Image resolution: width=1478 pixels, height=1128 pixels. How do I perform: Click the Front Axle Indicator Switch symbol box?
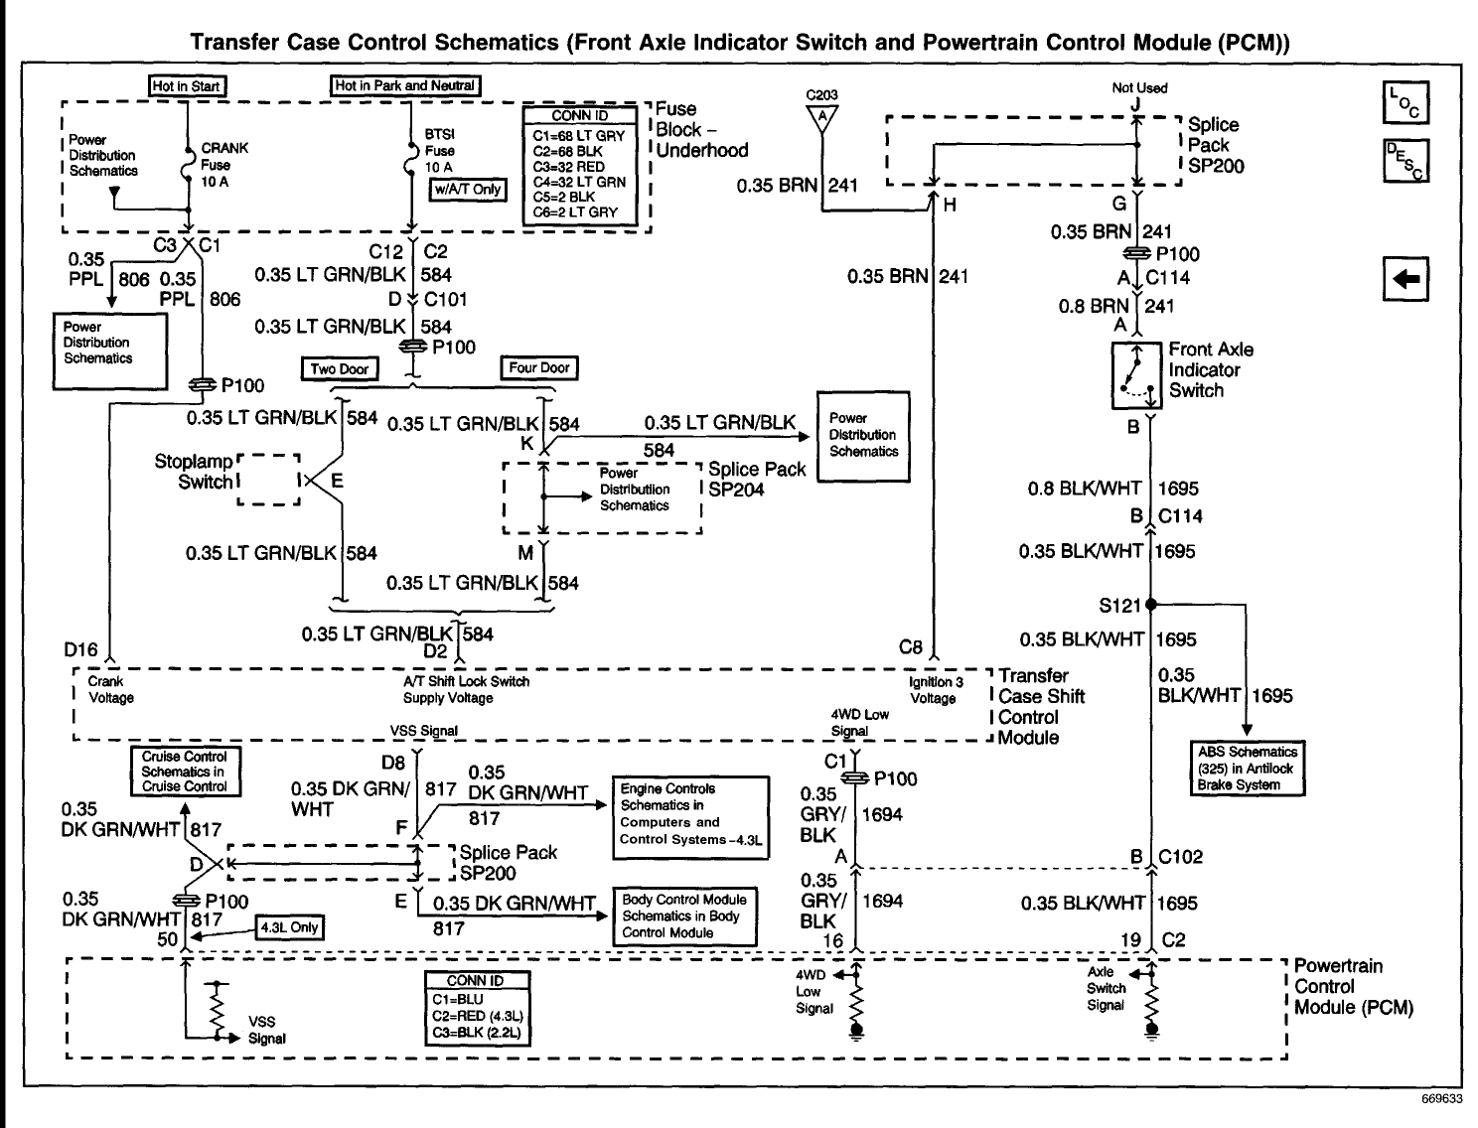(x=1136, y=376)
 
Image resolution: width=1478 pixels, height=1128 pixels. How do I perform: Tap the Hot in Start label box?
(x=186, y=86)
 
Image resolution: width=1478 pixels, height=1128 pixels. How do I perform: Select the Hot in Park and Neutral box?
(x=405, y=86)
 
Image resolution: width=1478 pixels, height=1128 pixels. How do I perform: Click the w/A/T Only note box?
(x=467, y=190)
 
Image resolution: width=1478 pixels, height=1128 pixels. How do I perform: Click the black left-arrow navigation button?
(x=1406, y=280)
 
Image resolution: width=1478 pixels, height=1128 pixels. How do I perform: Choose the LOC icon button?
(x=1406, y=102)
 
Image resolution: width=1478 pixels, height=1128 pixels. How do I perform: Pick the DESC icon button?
(x=1406, y=161)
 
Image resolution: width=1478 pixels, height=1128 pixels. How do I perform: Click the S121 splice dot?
(x=1151, y=604)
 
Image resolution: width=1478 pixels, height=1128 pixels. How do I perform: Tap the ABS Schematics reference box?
(x=1248, y=769)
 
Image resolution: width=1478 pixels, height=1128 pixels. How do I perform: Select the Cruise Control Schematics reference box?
(x=184, y=772)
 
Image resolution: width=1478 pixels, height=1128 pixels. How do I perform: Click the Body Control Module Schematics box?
(x=684, y=916)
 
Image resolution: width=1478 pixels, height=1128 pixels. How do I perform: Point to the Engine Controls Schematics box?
(x=691, y=817)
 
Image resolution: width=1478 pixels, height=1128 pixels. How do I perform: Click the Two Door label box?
(x=340, y=369)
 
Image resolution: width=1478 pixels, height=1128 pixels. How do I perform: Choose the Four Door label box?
(x=539, y=368)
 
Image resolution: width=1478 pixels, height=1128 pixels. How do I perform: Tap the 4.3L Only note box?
(x=289, y=927)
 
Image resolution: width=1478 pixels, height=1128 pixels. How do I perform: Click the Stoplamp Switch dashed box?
(x=269, y=481)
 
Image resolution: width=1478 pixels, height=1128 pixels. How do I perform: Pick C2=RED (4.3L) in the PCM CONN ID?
(x=478, y=1017)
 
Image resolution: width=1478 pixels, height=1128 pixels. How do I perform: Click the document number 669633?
(x=1439, y=1100)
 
